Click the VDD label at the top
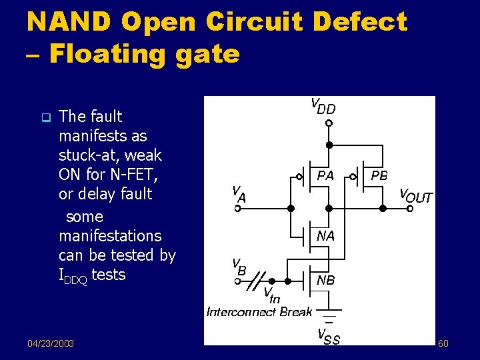coord(323,105)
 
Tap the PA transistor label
coord(325,176)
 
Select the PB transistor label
coord(379,176)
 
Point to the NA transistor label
coord(325,236)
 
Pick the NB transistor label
coord(325,281)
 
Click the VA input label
coord(239,193)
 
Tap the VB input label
coord(238,265)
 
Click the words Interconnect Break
coord(259,311)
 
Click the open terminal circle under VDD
coord(328,123)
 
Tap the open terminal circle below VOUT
coord(410,209)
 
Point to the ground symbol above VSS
coord(328,313)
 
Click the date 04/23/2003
coord(51,343)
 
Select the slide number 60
coord(443,343)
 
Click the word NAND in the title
coord(69,22)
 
